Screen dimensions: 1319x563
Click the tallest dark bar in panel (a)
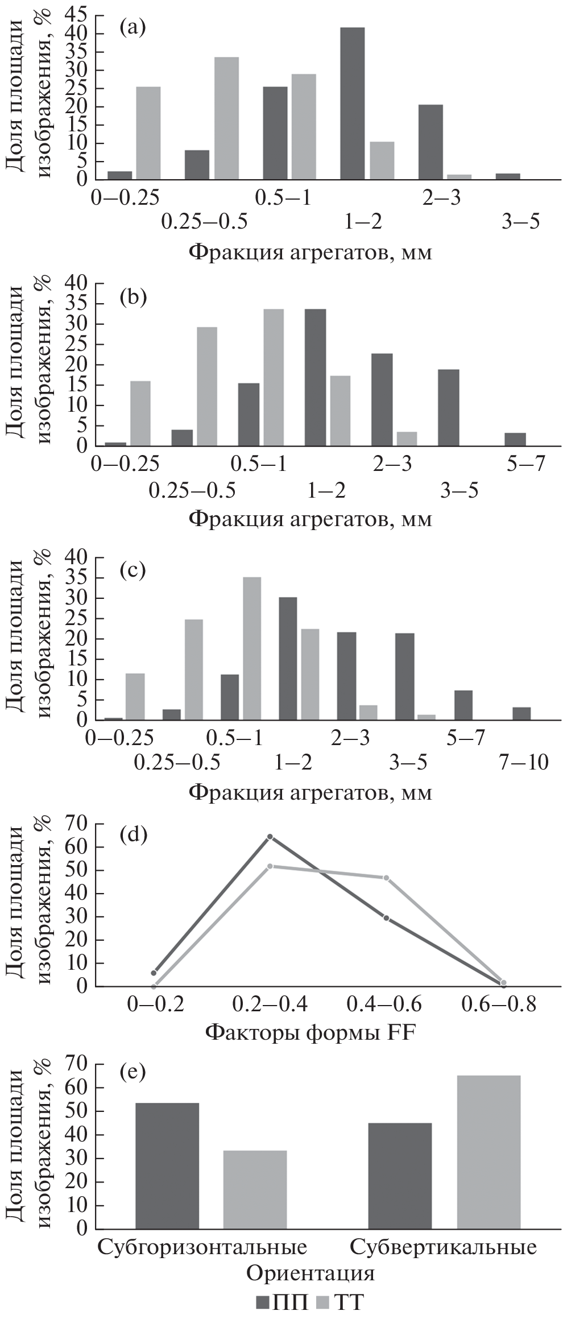pos(352,104)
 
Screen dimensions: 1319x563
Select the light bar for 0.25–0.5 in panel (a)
pos(226,118)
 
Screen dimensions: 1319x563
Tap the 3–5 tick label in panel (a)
pos(520,222)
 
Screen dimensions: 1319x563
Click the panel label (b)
pos(133,296)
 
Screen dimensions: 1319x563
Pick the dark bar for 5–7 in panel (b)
pos(515,439)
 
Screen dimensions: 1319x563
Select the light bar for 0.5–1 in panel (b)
pos(273,378)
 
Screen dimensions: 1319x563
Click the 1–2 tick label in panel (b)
pos(326,490)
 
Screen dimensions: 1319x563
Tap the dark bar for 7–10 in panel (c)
pos(521,713)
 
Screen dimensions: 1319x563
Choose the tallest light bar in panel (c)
pos(252,649)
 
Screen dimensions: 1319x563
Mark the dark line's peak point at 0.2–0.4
pos(270,837)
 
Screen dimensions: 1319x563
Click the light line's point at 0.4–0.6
pos(386,878)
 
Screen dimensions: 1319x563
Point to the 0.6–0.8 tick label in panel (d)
pos(499,1004)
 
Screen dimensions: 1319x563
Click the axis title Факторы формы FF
pos(310,1032)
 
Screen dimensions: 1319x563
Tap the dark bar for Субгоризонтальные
pos(167,1169)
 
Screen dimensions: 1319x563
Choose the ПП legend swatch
pos(263,1301)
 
